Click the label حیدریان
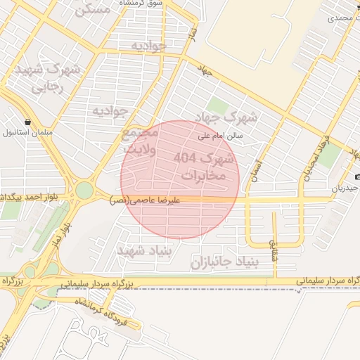click(345, 189)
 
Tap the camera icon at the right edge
click(357, 176)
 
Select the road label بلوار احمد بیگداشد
click(32, 195)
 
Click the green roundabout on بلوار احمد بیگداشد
click(84, 191)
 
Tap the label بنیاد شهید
click(139, 251)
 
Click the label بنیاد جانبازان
click(224, 262)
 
